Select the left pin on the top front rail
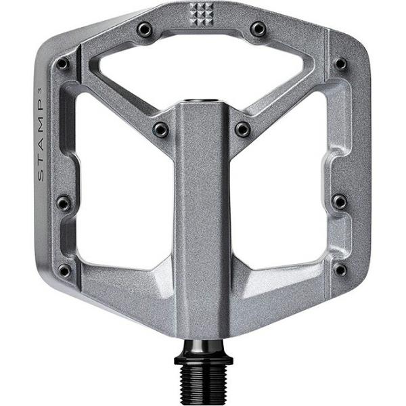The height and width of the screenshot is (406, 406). coord(143,29)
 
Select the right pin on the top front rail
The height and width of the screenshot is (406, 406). coord(258,29)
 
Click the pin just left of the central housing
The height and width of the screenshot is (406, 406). coord(161,129)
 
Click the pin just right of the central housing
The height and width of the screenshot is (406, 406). coord(242,129)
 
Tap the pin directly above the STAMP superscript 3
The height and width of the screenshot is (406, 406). coord(63,64)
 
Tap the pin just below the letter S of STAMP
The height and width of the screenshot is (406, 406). coord(64,203)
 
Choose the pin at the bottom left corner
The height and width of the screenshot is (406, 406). coord(65,270)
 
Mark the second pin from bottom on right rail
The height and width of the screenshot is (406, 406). coord(340,202)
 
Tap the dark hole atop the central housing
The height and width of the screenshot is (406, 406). coord(202,102)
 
